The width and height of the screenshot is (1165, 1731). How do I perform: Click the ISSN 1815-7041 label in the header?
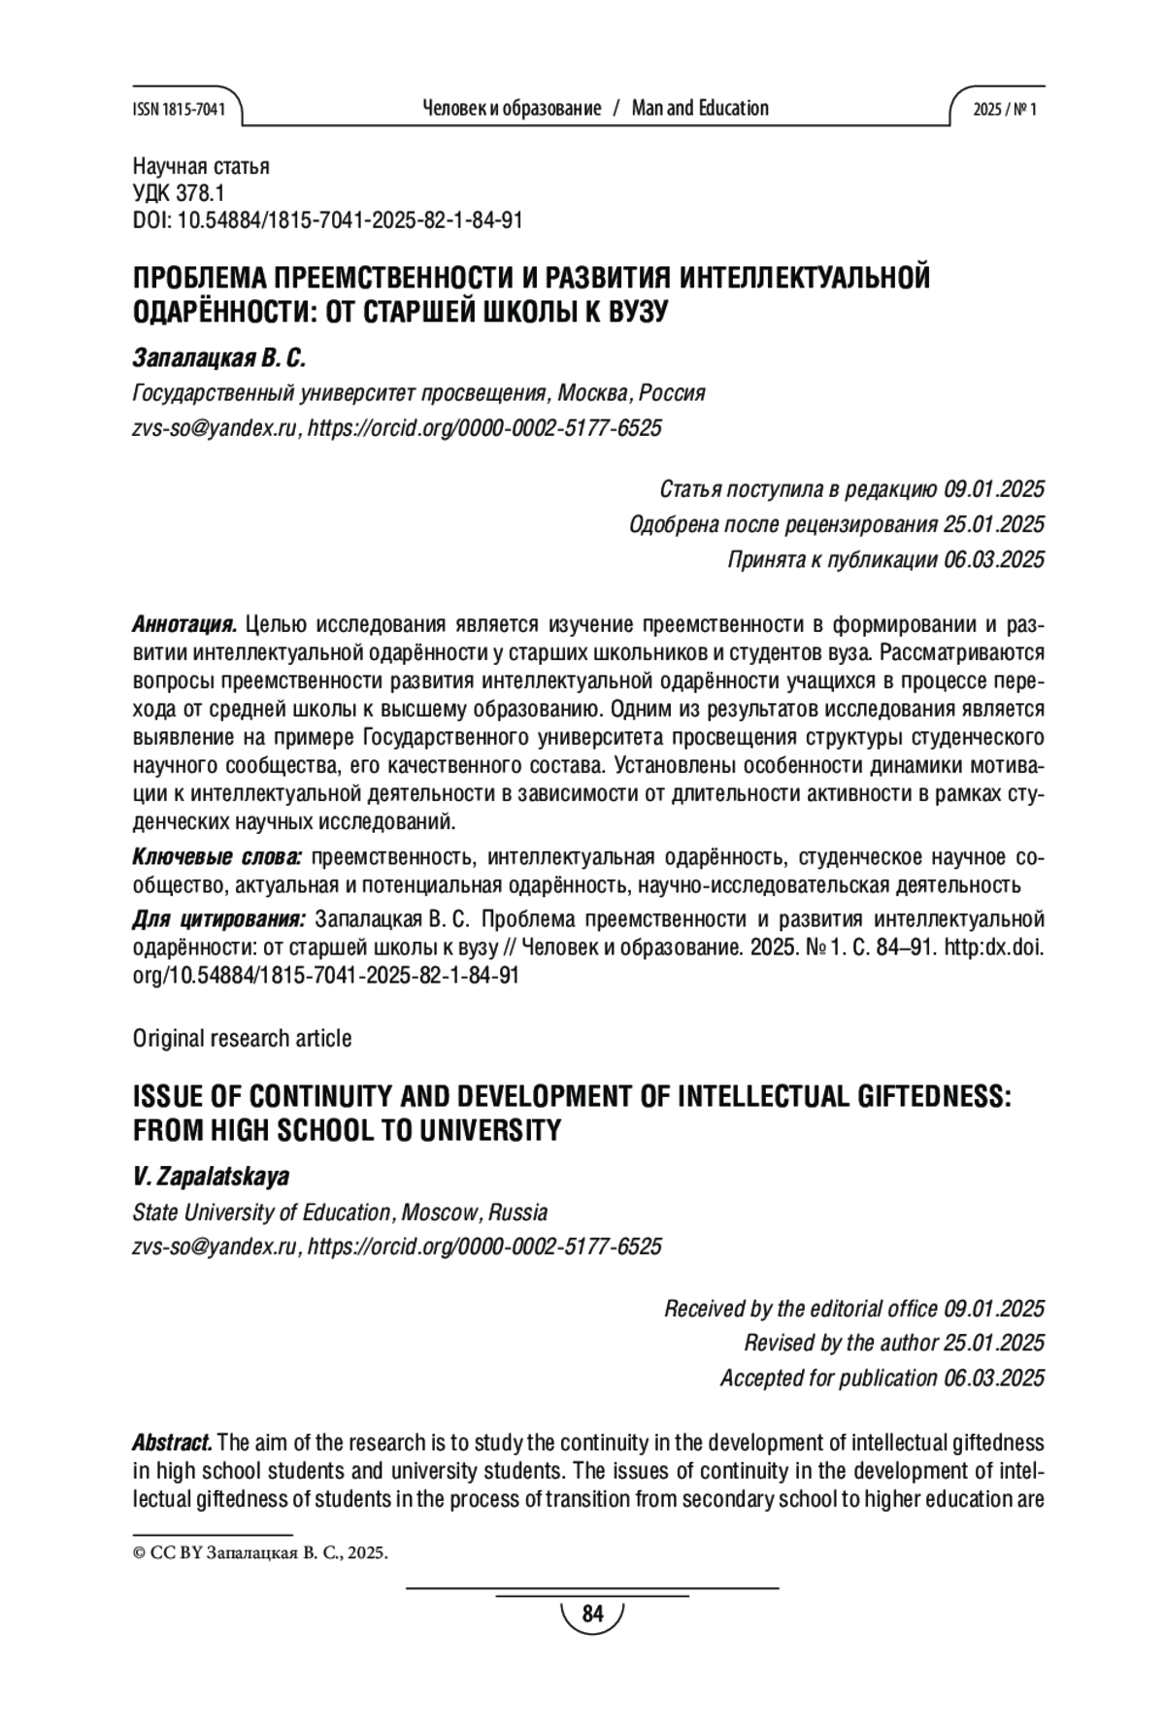tap(178, 110)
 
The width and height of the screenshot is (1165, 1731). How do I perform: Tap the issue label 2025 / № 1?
tap(1005, 110)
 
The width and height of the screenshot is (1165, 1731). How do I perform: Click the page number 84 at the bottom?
tap(592, 1614)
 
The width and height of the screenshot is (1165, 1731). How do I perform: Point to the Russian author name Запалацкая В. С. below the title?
tap(218, 358)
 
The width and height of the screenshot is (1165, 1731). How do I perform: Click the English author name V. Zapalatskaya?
tap(211, 1177)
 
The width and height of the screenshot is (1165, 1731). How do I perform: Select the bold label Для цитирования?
tap(218, 919)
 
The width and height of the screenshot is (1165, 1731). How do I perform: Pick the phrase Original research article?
tap(242, 1038)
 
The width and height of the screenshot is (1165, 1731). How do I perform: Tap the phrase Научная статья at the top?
tap(201, 166)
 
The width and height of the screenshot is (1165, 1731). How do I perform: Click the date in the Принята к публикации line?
tap(994, 559)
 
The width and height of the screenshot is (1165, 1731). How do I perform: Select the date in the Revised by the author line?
tap(994, 1343)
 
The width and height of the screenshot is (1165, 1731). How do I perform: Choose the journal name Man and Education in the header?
tap(700, 109)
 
